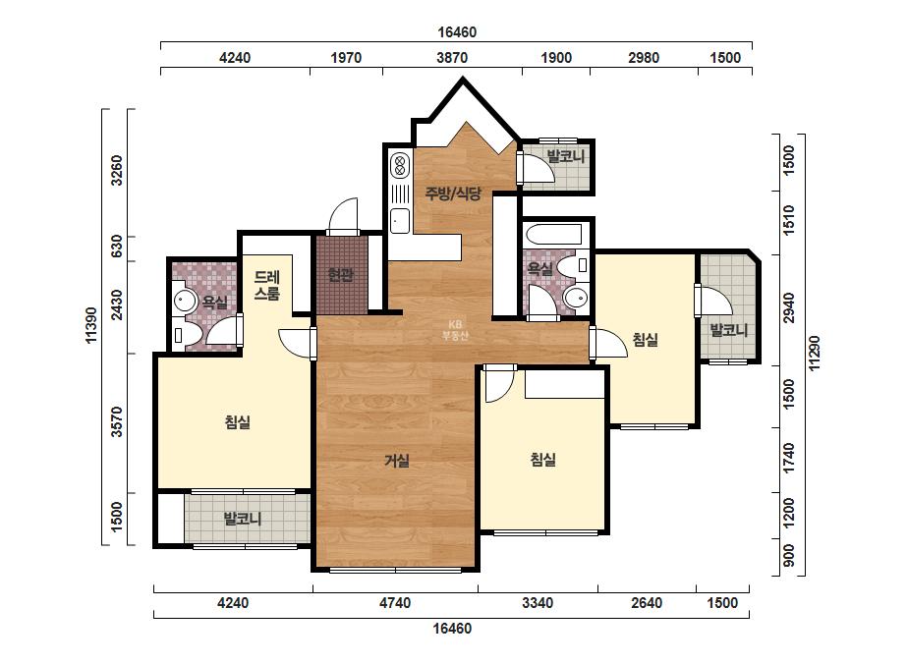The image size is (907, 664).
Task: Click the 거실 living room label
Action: pyautogui.click(x=397, y=461)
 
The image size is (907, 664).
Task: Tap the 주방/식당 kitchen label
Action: pyautogui.click(x=453, y=194)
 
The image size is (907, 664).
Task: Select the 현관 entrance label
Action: pyautogui.click(x=341, y=275)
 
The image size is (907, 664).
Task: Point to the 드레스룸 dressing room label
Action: pyautogui.click(x=266, y=285)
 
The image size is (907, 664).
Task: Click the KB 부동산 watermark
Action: pyautogui.click(x=455, y=330)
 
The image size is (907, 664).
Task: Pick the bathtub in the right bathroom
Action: pyautogui.click(x=553, y=234)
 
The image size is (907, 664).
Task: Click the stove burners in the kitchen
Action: pyautogui.click(x=399, y=164)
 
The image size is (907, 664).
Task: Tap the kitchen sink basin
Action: pyautogui.click(x=400, y=220)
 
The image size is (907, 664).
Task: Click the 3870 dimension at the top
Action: pyautogui.click(x=452, y=58)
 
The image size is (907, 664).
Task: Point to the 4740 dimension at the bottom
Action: pyautogui.click(x=395, y=603)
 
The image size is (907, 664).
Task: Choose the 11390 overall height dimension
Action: pyautogui.click(x=92, y=325)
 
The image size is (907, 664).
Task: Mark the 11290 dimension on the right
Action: pyautogui.click(x=815, y=354)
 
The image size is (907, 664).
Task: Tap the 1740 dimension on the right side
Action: pyautogui.click(x=788, y=458)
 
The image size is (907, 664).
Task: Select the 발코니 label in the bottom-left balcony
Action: pyautogui.click(x=243, y=519)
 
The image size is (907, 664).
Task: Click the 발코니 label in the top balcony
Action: pyautogui.click(x=566, y=155)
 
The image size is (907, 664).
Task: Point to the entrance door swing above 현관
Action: pyautogui.click(x=344, y=217)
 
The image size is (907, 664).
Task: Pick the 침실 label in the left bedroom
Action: pyautogui.click(x=237, y=422)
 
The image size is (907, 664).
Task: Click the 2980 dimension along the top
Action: pyautogui.click(x=644, y=58)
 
